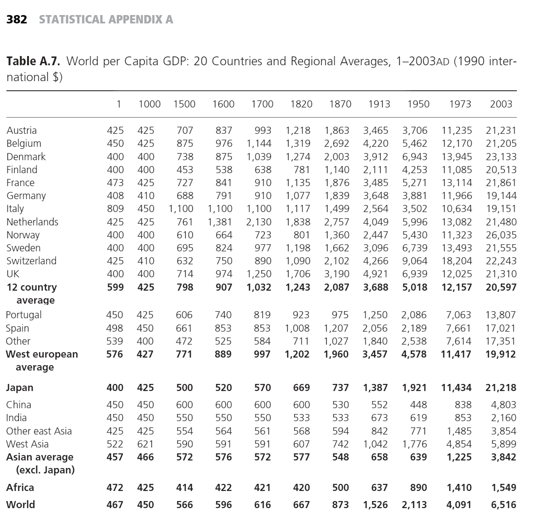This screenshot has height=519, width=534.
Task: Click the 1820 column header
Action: coord(301,104)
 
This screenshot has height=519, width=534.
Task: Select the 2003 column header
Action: coord(501,104)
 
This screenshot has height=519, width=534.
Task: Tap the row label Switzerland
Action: coord(31,261)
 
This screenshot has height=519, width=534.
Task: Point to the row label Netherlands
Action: coord(32,222)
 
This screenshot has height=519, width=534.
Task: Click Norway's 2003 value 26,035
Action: coord(501,235)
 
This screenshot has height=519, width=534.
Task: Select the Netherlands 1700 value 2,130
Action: coord(259,222)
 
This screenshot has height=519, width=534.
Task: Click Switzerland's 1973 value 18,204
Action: coord(457,261)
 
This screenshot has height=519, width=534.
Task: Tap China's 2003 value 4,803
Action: coord(503,405)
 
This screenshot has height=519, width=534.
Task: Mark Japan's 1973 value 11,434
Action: coord(456,388)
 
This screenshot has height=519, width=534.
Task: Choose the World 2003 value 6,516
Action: coord(503,505)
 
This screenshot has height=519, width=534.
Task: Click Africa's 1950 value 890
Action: coord(418,488)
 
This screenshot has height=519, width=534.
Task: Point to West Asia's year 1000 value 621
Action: coord(145,444)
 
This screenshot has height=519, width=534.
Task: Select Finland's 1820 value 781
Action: coord(301,170)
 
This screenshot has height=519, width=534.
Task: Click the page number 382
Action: coord(17,20)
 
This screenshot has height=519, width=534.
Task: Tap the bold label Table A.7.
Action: coord(33,61)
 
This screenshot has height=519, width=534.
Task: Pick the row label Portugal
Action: coord(24,315)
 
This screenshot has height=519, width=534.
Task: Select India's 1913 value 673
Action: coord(379,418)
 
